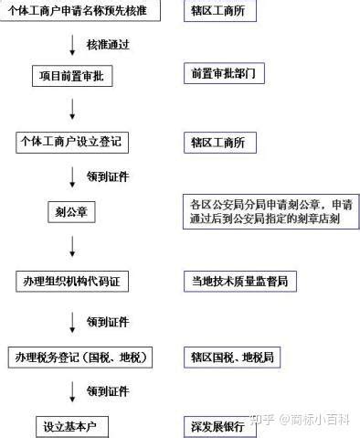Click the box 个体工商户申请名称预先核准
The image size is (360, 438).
[x=80, y=10]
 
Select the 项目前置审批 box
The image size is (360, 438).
[x=72, y=76]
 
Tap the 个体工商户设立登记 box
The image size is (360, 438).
[x=72, y=143]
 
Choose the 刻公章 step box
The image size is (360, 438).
[x=71, y=212]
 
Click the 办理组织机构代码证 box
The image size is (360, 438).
[x=72, y=282]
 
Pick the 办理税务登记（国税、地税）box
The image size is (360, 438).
[x=80, y=358]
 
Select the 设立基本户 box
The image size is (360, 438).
[x=72, y=427]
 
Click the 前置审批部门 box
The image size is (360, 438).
[x=224, y=73]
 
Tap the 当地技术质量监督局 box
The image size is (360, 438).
[x=240, y=281]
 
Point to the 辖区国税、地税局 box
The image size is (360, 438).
[x=232, y=357]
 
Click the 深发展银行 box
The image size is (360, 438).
[x=220, y=427]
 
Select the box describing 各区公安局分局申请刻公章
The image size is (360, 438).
[x=271, y=211]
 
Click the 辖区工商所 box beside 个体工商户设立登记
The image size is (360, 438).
[x=220, y=143]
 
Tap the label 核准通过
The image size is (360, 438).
[x=108, y=45]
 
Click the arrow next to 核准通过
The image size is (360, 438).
[x=72, y=45]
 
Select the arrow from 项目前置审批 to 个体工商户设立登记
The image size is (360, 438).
[x=72, y=109]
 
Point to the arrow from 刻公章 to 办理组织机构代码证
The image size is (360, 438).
[x=72, y=246]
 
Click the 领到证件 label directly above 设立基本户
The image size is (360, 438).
[x=108, y=391]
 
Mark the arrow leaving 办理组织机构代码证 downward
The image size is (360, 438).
[x=72, y=323]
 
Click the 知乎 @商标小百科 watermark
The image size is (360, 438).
[x=299, y=420]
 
